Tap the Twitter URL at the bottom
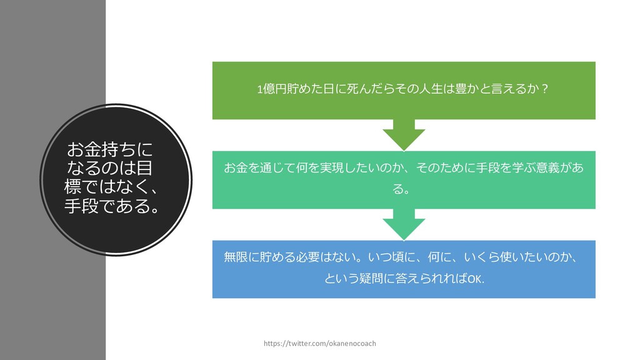point(320,344)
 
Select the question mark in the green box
point(545,90)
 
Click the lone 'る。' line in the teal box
point(403,189)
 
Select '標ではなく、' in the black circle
point(109,187)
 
